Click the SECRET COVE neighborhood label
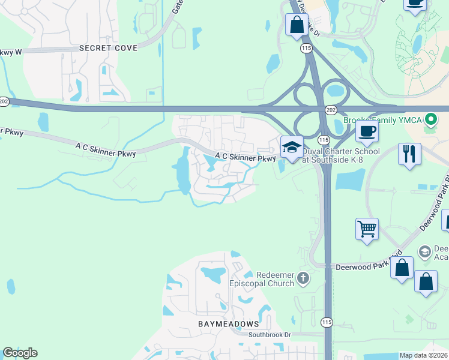108,48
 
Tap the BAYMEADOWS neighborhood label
228,324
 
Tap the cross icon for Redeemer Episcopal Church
303,278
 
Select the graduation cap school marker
292,148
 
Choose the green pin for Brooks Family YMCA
430,120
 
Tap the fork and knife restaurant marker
409,154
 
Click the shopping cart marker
367,229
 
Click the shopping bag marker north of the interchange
297,26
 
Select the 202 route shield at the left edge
4,102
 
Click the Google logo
20,353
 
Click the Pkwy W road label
11,52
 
